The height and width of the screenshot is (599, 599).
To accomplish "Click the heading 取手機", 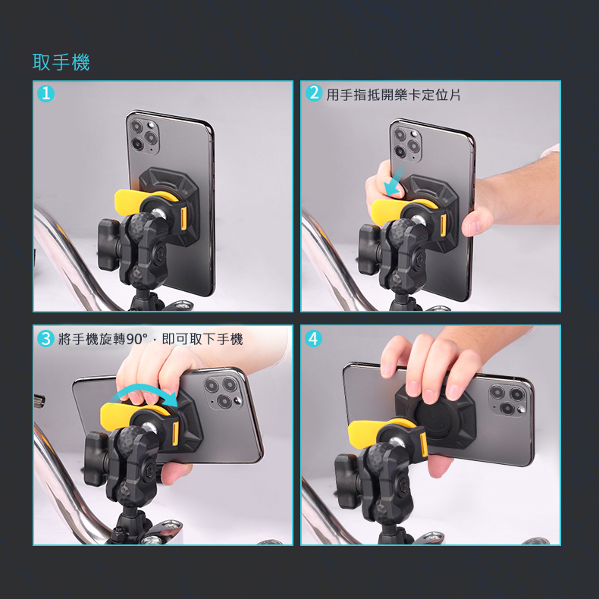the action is click(61, 62).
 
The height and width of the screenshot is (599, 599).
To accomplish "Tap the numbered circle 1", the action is click(45, 93).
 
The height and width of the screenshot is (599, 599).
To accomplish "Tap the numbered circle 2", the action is click(314, 93).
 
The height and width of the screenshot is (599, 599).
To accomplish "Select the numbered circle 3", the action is click(45, 338).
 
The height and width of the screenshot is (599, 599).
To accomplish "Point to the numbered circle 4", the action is click(313, 338).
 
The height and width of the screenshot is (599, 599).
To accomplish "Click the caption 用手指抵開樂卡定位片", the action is click(394, 94).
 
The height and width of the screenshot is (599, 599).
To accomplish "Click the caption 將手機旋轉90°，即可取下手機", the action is click(151, 339).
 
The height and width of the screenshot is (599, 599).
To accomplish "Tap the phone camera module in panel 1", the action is click(144, 136).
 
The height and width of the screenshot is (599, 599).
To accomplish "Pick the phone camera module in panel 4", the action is click(508, 400).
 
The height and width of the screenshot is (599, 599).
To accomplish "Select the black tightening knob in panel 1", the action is click(110, 244).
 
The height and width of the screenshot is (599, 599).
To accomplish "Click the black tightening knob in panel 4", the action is click(348, 480).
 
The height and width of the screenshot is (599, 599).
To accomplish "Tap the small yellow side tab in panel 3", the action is click(175, 433).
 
